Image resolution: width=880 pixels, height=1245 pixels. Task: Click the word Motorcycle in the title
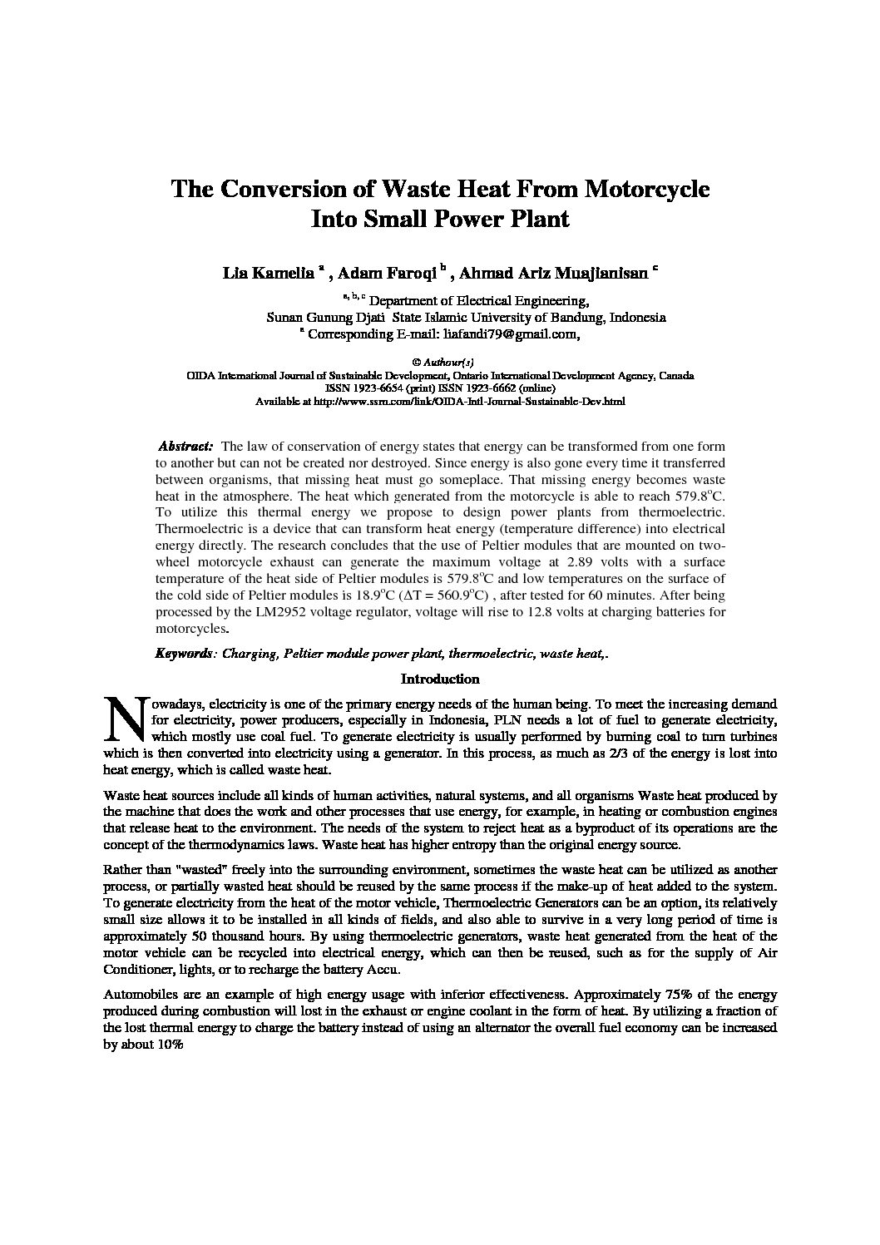648,189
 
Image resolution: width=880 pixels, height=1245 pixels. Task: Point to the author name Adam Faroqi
388,273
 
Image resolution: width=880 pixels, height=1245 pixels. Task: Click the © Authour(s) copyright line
441,363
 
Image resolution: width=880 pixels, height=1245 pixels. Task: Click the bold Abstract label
185,447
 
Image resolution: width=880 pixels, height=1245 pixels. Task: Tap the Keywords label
184,655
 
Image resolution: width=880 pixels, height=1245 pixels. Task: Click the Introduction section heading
440,679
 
